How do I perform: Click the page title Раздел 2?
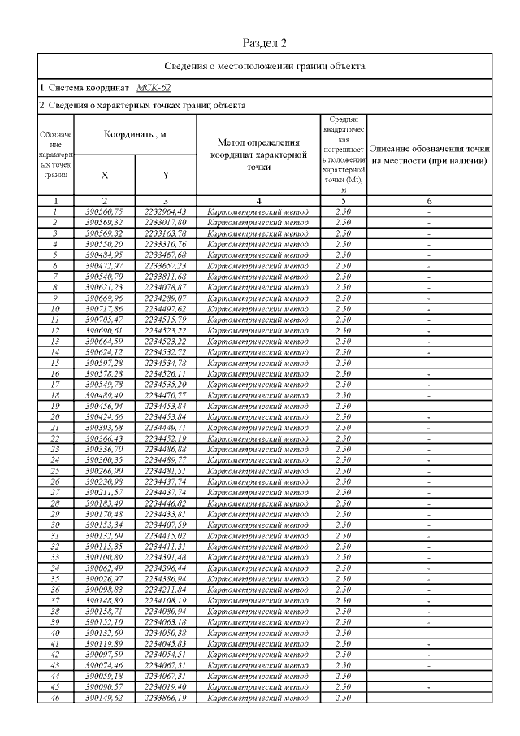pos(265,42)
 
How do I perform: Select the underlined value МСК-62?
pos(154,87)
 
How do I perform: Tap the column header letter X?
pos(105,175)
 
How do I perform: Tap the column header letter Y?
pos(165,175)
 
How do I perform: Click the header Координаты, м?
pos(135,134)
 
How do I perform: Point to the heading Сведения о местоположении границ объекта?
pos(265,65)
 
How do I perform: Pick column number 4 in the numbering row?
pos(258,200)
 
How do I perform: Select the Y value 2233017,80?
pos(165,221)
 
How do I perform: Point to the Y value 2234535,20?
pos(165,383)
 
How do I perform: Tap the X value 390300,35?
pos(105,459)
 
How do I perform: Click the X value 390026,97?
pos(105,577)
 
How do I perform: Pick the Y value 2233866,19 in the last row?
pos(165,696)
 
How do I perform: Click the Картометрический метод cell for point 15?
pos(258,362)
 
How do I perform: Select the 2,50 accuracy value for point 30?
pos(342,524)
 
